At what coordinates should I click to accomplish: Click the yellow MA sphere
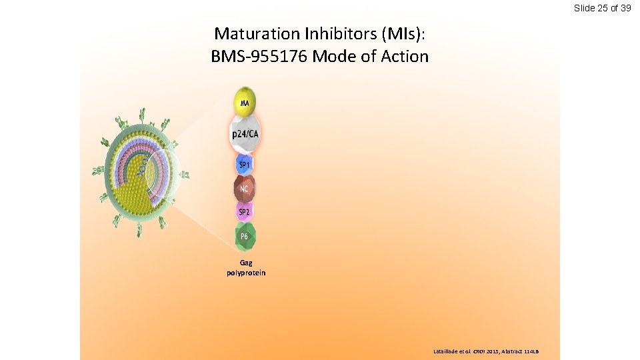click(245, 101)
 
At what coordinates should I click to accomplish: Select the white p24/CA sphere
click(245, 134)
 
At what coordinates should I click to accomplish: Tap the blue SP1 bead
click(245, 164)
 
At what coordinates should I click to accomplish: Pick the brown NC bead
click(245, 189)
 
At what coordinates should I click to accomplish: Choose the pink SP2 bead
click(245, 211)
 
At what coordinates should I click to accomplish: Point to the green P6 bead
click(245, 236)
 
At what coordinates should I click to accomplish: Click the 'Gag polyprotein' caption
click(245, 267)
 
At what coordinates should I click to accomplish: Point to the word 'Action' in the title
click(405, 56)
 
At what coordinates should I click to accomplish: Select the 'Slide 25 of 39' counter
click(602, 8)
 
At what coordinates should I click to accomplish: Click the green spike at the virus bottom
click(139, 231)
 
